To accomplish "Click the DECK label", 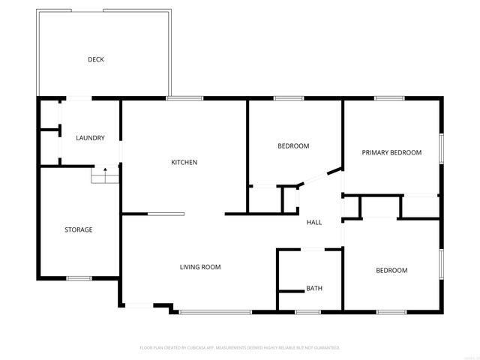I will click(x=95, y=59).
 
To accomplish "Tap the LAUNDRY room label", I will click(x=90, y=138).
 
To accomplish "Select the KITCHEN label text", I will click(x=184, y=162).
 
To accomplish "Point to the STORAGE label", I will click(x=78, y=229).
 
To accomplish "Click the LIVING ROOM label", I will click(x=199, y=267).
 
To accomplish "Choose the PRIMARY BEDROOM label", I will click(x=391, y=152).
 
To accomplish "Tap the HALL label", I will click(x=314, y=222).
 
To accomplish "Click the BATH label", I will click(x=313, y=289).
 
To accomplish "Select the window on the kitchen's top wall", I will click(x=184, y=98).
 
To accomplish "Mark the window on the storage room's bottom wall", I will click(x=79, y=278).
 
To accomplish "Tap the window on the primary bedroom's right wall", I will click(x=441, y=147).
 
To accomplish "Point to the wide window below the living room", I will click(x=215, y=311).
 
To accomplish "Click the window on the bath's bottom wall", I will click(x=307, y=311).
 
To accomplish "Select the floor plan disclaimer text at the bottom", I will click(x=240, y=348).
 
